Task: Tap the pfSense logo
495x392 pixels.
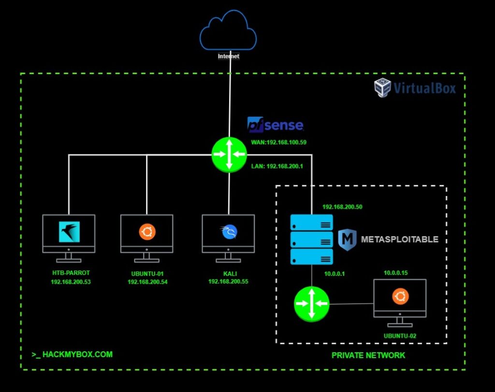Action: coord(275,124)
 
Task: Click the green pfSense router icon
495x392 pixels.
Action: coord(229,154)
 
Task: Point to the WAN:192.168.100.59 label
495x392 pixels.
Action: coord(279,143)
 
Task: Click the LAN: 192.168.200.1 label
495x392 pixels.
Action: coord(277,166)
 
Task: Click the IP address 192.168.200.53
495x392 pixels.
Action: coord(71,282)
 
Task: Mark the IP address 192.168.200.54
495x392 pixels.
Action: coord(147,282)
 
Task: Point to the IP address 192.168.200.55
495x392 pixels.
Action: coord(228,281)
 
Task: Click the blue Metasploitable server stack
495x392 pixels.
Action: coord(311,240)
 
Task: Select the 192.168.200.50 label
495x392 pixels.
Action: coord(342,207)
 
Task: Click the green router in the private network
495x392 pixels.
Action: coord(311,304)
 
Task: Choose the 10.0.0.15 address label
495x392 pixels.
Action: coord(396,273)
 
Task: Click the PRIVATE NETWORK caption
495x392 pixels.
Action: coord(368,355)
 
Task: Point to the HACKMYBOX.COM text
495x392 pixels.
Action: coord(72,354)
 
